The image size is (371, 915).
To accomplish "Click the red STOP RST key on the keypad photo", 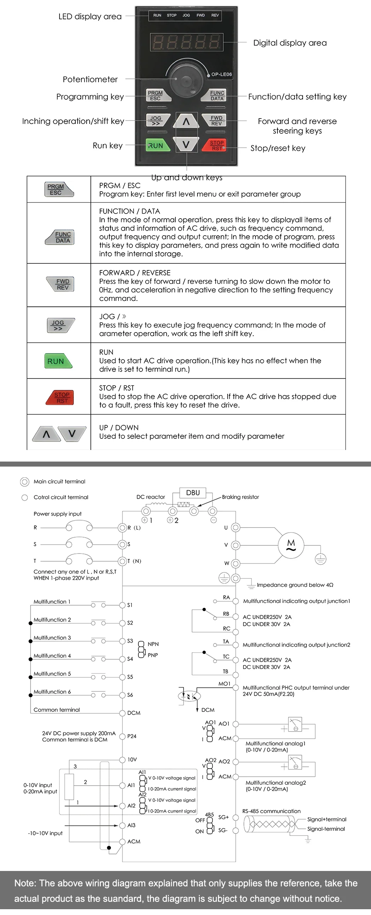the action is click(x=215, y=145).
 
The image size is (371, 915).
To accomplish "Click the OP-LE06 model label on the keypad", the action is click(x=221, y=74).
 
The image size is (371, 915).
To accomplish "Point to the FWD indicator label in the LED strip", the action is click(x=201, y=15).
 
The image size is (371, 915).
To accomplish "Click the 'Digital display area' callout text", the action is click(x=290, y=43).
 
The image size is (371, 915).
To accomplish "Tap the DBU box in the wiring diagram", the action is click(x=193, y=493).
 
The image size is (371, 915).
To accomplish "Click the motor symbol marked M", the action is click(x=291, y=545).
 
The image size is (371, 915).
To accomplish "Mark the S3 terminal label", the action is click(x=130, y=641).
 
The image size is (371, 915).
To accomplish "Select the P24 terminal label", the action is click(x=132, y=736).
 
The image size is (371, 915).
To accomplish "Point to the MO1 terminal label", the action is click(x=224, y=684).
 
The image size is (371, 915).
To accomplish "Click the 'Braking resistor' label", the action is click(x=240, y=497).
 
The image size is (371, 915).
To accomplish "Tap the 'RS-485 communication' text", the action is click(x=271, y=811).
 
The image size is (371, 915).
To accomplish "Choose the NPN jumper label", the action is click(x=153, y=644).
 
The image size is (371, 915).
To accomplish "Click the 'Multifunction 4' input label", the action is click(x=52, y=655).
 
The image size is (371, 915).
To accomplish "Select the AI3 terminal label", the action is click(x=131, y=825).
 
